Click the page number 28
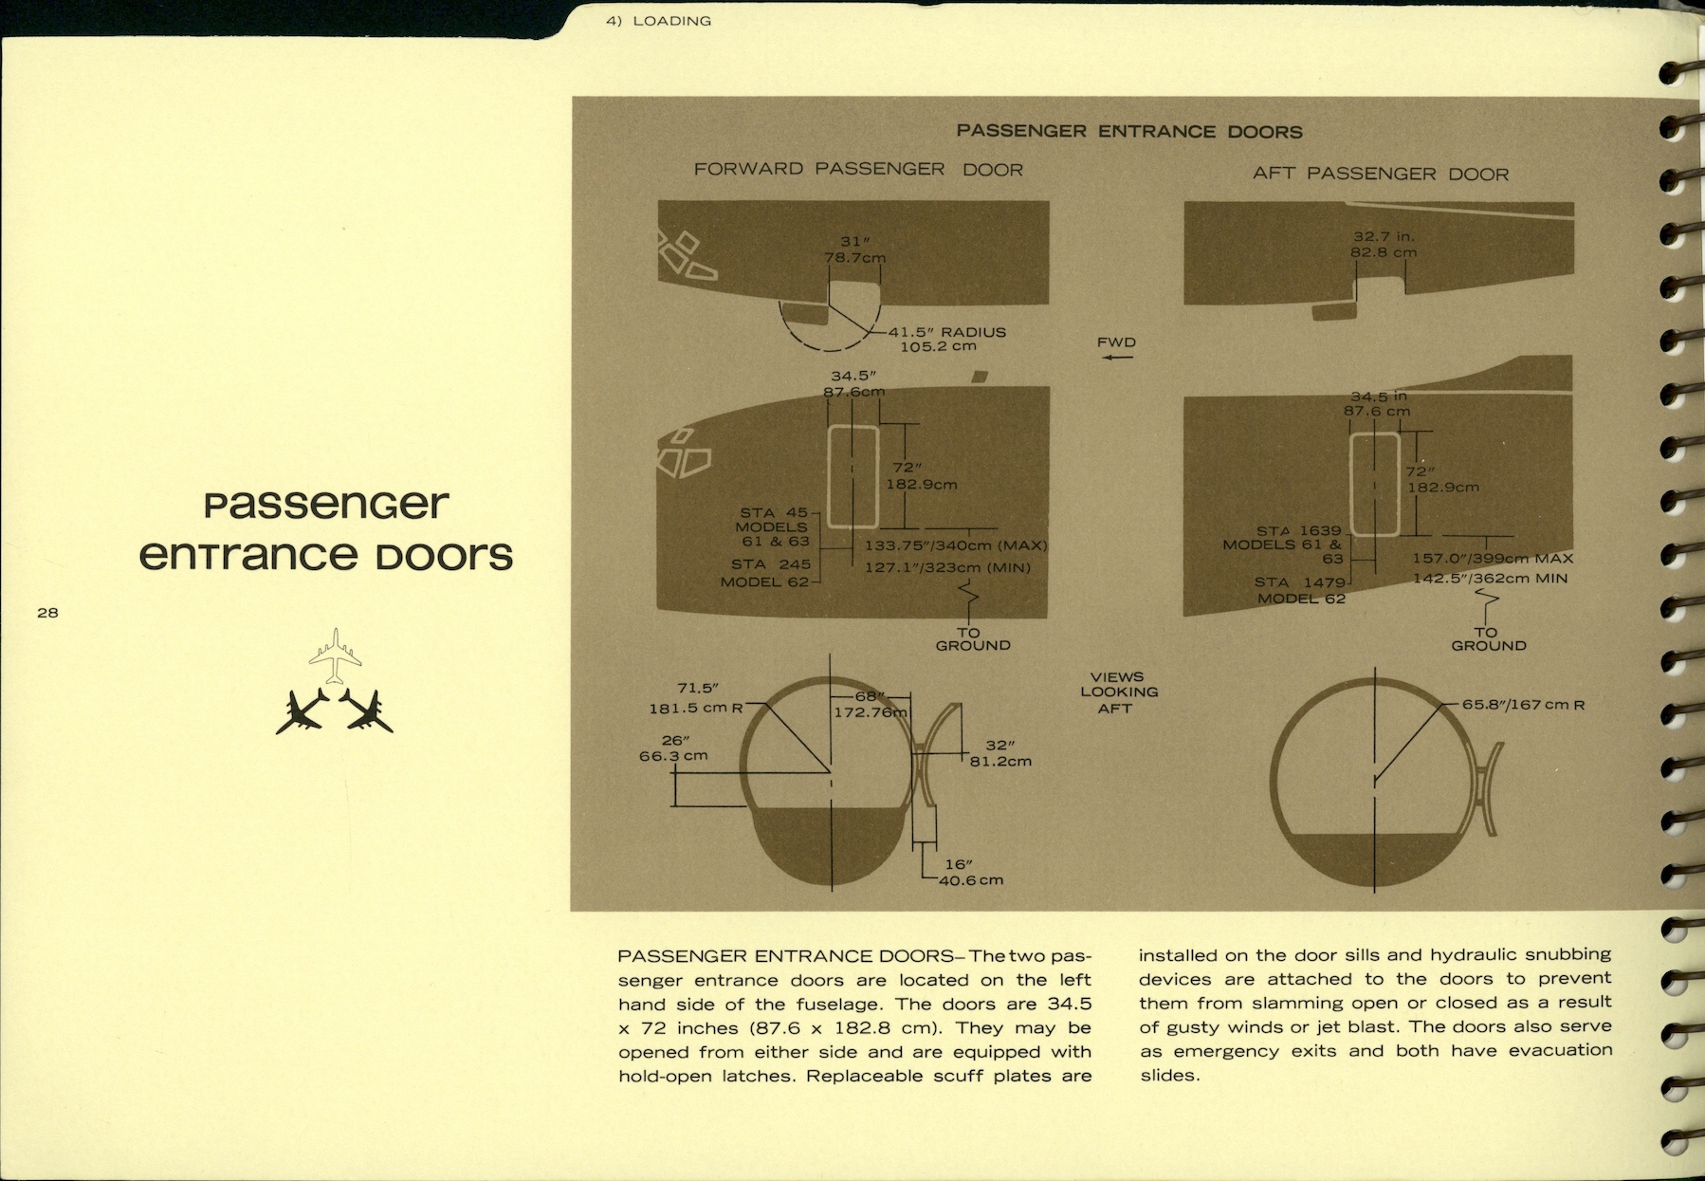[47, 613]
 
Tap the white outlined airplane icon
[335, 655]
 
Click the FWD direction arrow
[1117, 357]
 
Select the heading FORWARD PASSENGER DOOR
[858, 169]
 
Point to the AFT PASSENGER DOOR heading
[1380, 174]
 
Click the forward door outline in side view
[852, 477]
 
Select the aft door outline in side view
[1375, 484]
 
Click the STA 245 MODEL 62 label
[766, 573]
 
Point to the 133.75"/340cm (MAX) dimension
[956, 545]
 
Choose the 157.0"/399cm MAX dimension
[1493, 558]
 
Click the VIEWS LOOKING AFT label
[1117, 692]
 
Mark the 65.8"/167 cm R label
[1523, 705]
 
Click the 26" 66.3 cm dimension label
[673, 748]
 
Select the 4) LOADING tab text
[658, 21]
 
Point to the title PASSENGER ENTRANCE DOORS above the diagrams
[1129, 131]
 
